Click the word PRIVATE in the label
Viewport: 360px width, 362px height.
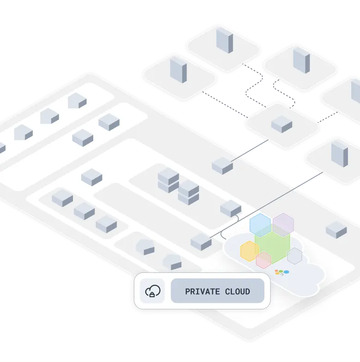[201, 292]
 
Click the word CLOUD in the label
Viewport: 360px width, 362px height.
[238, 292]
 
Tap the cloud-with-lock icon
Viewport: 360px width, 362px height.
[153, 291]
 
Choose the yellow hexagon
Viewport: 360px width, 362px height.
[250, 251]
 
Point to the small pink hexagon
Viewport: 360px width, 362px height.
[264, 260]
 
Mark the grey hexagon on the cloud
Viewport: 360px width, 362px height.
[294, 255]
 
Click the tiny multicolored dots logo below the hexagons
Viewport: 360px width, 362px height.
[282, 272]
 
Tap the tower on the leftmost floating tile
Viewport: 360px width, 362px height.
[178, 70]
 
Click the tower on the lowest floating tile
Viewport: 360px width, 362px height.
[340, 154]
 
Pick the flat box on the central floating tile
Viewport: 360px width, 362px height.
[282, 124]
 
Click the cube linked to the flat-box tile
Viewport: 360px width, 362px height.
[222, 166]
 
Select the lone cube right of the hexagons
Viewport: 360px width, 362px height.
[336, 229]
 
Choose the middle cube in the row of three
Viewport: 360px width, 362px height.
[84, 211]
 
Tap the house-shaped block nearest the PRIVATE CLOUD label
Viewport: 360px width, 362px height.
[172, 261]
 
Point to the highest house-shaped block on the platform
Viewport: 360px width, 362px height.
[77, 101]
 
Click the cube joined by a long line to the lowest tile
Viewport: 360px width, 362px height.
[201, 242]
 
